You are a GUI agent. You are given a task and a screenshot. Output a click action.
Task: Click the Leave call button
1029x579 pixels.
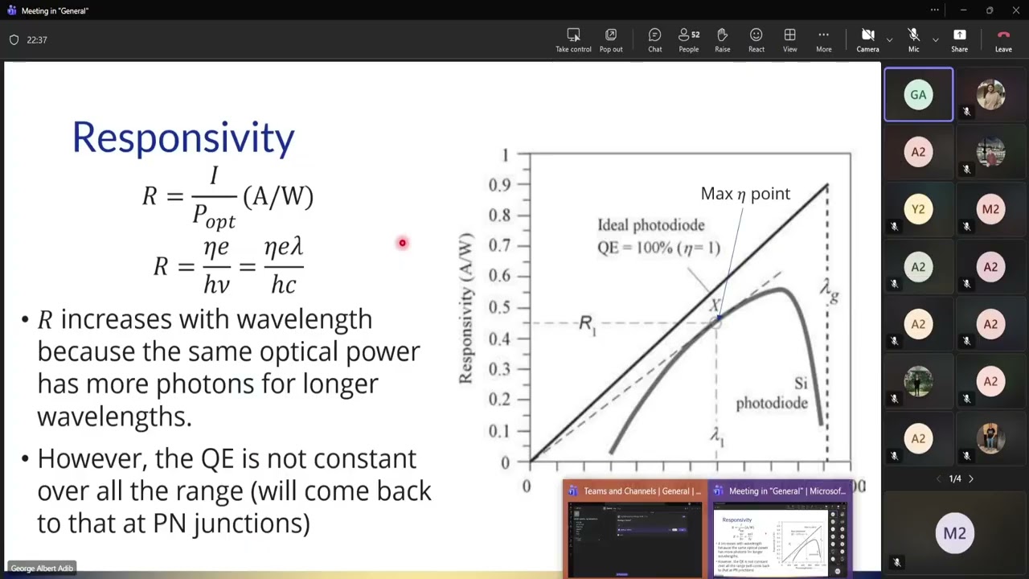pyautogui.click(x=1003, y=39)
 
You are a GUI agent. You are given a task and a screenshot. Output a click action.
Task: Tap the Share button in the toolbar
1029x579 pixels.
pyautogui.click(x=959, y=39)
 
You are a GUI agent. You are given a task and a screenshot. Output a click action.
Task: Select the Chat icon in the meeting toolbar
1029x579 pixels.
pyautogui.click(x=654, y=39)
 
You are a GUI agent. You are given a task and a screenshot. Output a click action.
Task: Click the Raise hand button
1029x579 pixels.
pyautogui.click(x=722, y=39)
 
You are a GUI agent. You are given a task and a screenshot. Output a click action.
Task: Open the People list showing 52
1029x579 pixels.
pyautogui.click(x=688, y=39)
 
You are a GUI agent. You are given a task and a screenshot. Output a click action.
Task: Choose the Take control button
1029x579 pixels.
pyautogui.click(x=573, y=39)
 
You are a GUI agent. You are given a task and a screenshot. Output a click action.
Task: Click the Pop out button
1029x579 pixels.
pyautogui.click(x=611, y=39)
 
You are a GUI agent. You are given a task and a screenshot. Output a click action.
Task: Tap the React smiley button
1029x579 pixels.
pyautogui.click(x=756, y=39)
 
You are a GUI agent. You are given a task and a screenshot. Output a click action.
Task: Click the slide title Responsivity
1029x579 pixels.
pyautogui.click(x=183, y=138)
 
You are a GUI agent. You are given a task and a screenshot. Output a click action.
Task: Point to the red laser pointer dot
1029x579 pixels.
pyautogui.click(x=403, y=243)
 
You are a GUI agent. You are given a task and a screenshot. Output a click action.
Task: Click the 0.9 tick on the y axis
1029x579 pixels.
pyautogui.click(x=499, y=185)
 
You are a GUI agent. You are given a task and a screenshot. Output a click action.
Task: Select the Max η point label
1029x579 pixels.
pyautogui.click(x=745, y=194)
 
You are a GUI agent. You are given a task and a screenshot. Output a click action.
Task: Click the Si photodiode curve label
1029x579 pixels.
pyautogui.click(x=772, y=394)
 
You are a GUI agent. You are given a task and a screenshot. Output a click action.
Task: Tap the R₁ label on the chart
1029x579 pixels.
pyautogui.click(x=587, y=324)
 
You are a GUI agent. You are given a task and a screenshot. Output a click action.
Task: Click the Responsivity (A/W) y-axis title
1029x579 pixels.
pyautogui.click(x=466, y=308)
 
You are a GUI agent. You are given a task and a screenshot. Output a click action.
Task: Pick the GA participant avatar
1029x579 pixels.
pyautogui.click(x=918, y=95)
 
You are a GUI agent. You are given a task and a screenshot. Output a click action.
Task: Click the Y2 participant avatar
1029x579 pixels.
pyautogui.click(x=918, y=209)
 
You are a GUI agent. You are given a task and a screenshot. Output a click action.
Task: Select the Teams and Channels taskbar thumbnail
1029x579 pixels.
pyautogui.click(x=634, y=531)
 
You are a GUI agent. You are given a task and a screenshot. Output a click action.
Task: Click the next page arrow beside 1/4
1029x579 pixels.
pyautogui.click(x=970, y=478)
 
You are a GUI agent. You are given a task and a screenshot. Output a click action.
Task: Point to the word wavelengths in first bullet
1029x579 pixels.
pyautogui.click(x=114, y=417)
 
